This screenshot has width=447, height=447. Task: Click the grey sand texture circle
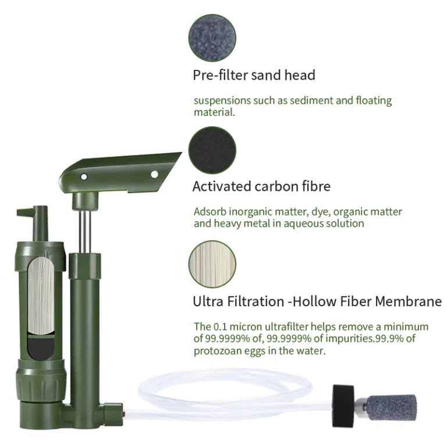point(212,38)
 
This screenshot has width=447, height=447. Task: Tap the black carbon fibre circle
point(212,150)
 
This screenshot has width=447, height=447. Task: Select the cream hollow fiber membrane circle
point(212,264)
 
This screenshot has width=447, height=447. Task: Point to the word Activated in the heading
point(222,186)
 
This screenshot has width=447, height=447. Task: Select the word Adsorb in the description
point(210,212)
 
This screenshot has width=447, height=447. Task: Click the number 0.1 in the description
point(221,327)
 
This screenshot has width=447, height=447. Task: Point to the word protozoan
point(218,351)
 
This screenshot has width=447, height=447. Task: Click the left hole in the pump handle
point(84,177)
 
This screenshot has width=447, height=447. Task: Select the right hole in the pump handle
point(154,174)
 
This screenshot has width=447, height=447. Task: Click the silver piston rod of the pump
point(85,232)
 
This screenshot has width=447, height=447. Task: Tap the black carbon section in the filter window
point(41,346)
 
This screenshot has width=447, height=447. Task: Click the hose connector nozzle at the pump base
point(113,413)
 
